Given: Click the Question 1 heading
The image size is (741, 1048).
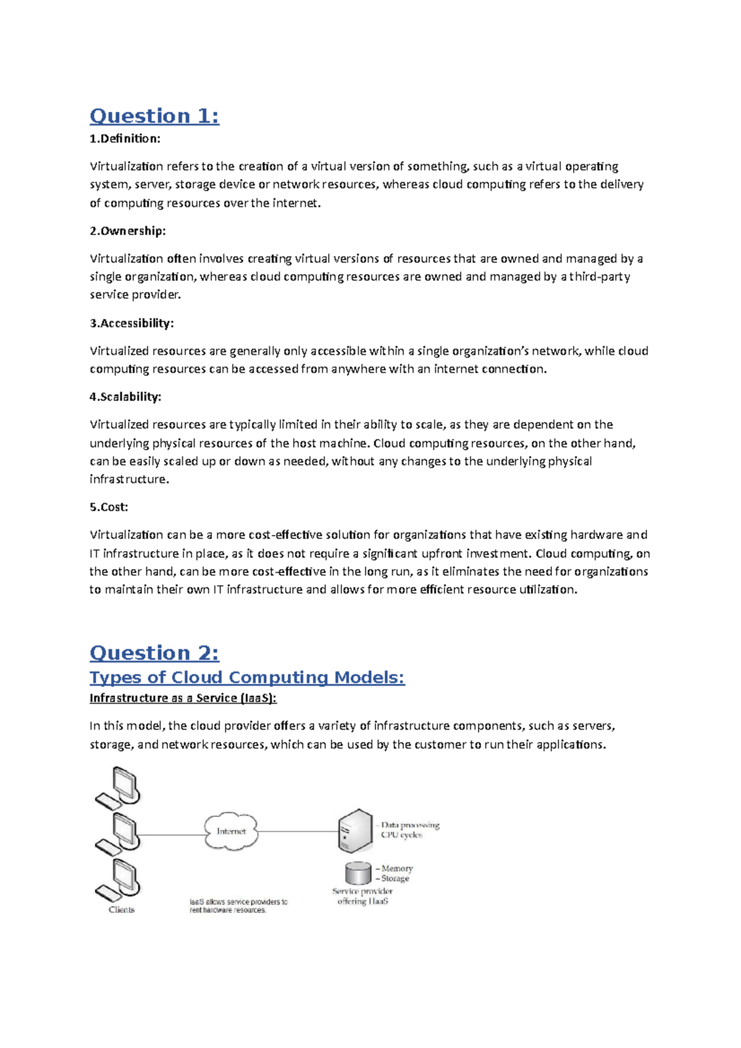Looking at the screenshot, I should [x=154, y=116].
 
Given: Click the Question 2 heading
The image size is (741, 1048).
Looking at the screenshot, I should [x=154, y=653].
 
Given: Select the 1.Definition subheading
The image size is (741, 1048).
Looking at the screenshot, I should [x=125, y=139].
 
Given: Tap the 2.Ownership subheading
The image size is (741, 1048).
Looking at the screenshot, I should [x=128, y=231].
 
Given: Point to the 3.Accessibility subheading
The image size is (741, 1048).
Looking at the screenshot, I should [x=132, y=323].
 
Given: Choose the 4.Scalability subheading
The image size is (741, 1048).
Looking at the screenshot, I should [x=125, y=397].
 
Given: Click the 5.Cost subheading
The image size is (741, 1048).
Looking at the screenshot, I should [x=109, y=507].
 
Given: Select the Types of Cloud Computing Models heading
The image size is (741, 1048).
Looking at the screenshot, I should [x=247, y=678].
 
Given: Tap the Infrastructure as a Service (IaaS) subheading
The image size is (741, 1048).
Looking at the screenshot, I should [x=183, y=698].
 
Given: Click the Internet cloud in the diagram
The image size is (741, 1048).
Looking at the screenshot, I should [x=231, y=831].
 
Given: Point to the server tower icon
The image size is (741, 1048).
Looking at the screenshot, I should [x=356, y=831].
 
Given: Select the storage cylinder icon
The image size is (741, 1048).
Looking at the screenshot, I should [x=358, y=873].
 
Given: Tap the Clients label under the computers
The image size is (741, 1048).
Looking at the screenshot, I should [x=122, y=910].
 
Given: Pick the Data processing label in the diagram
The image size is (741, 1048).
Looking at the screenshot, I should [x=410, y=825].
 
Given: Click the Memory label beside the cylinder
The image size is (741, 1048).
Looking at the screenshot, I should [x=396, y=868].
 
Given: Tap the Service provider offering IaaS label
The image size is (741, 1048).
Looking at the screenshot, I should [x=362, y=896].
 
